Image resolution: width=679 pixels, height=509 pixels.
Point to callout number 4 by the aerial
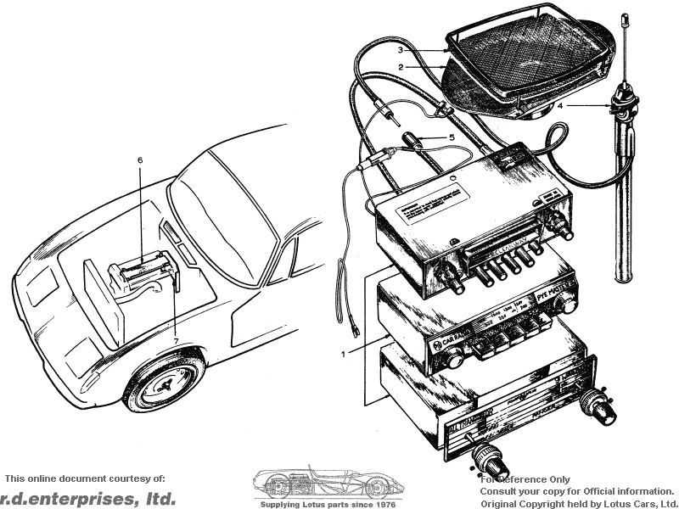[560, 106]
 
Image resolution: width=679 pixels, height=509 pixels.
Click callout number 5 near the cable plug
[452, 137]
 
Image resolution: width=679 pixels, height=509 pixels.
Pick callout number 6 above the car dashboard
[140, 159]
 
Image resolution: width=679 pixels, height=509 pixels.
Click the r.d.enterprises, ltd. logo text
[89, 498]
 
